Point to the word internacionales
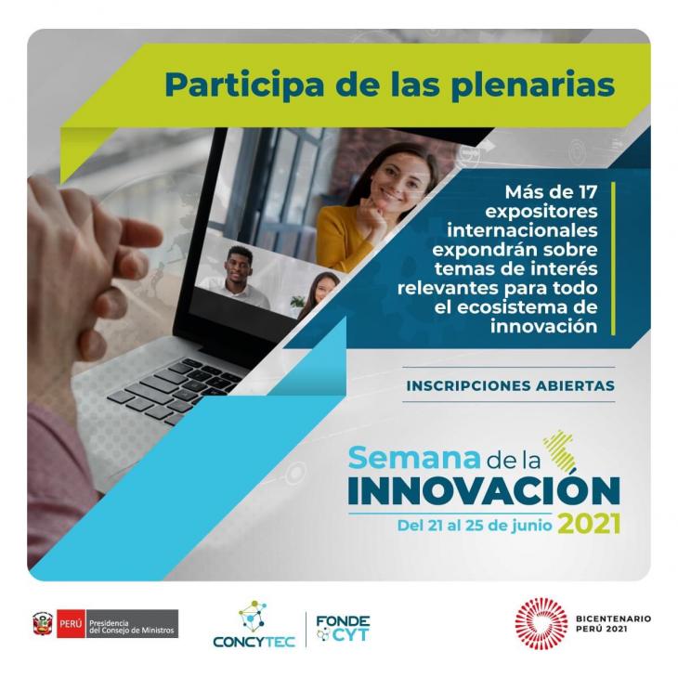tap(522, 230)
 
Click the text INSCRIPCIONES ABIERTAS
tap(510, 385)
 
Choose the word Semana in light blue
tap(414, 458)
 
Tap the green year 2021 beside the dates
tap(589, 524)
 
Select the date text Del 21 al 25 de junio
tap(475, 526)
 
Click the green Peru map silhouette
tap(560, 450)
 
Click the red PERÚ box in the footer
tap(71, 624)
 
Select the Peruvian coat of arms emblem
tap(43, 624)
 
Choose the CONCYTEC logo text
tap(254, 642)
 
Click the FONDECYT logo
tap(343, 628)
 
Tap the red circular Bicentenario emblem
tap(541, 623)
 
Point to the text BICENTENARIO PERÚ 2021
tap(613, 624)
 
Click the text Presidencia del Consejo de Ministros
tap(132, 627)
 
